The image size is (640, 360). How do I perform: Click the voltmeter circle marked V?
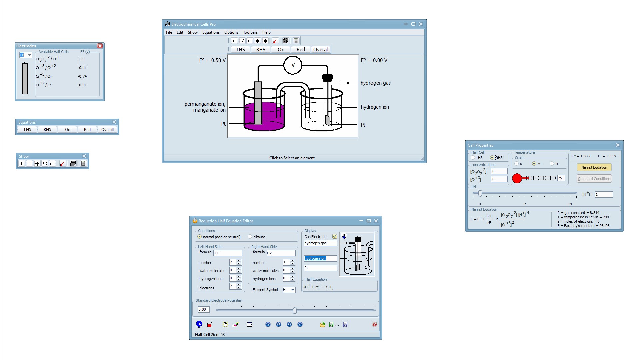point(293,65)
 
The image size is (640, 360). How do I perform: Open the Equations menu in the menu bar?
point(211,32)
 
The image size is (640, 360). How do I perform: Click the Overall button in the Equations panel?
point(107,130)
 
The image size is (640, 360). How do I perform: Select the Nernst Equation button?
point(594,167)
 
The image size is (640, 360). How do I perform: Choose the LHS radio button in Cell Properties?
point(473,158)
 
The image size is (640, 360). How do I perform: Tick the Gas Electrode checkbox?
point(335,237)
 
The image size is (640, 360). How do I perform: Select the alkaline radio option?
point(250,237)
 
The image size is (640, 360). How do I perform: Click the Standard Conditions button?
point(594,179)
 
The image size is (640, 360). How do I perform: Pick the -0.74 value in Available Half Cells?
point(82,76)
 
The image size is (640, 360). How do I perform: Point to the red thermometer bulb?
point(517,178)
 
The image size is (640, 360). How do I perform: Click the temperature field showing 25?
point(561,178)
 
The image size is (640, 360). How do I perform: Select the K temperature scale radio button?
point(517,164)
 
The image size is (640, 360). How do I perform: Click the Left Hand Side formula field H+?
point(228,253)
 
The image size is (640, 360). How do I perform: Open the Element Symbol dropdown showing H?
point(289,290)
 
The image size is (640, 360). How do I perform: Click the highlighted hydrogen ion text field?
point(320,258)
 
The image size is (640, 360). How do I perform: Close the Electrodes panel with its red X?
point(100,46)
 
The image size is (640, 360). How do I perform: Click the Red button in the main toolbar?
point(301,50)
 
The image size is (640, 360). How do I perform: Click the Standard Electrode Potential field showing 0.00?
point(204,309)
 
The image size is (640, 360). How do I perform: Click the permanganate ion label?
point(205,104)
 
